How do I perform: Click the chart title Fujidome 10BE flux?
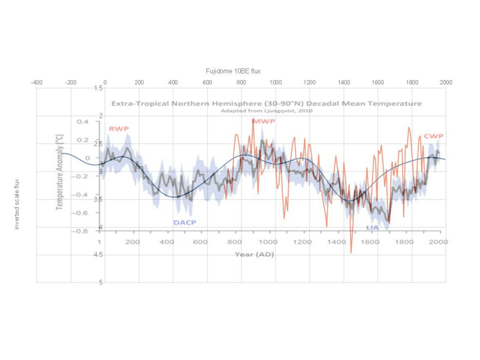[233, 71]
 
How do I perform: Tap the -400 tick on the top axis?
[36, 82]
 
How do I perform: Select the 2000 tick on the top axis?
[446, 82]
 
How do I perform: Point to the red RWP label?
[119, 129]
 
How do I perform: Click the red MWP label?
[263, 121]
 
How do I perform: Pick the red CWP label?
[433, 136]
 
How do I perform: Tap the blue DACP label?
[184, 222]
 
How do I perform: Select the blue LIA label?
[372, 227]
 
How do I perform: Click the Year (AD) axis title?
[254, 254]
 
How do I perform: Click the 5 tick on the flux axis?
[100, 282]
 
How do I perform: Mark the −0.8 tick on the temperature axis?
[79, 231]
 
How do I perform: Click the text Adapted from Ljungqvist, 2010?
[266, 111]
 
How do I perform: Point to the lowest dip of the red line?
[351, 253]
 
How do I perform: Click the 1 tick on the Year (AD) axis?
[99, 242]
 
